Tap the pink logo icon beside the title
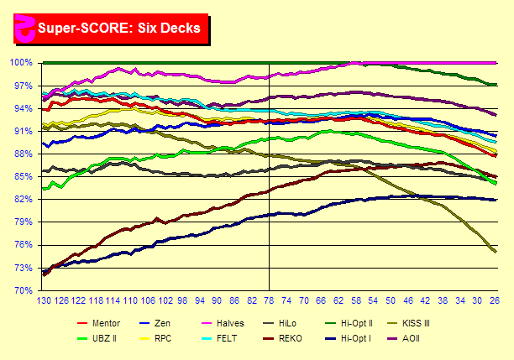tap(24, 28)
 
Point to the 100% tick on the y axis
tap(21, 63)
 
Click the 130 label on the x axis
tap(45, 300)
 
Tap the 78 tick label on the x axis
tap(269, 300)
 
